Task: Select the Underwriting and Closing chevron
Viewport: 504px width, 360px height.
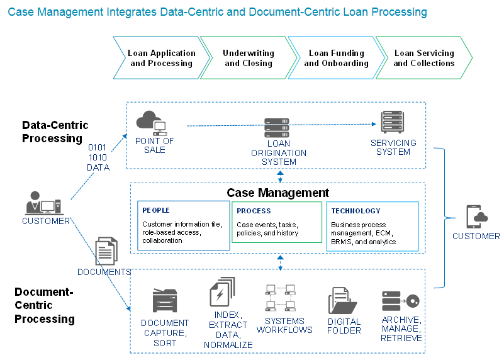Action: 248,58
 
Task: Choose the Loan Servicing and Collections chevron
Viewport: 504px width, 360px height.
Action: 423,58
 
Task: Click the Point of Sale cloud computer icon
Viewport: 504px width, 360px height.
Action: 152,122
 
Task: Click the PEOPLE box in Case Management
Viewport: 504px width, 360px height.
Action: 183,225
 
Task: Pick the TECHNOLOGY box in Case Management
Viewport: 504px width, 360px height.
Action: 372,226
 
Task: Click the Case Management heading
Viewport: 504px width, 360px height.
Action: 277,193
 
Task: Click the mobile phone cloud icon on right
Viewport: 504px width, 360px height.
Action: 476,217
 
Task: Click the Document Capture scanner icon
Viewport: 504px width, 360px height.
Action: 165,301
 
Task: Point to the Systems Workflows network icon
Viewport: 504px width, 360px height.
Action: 281,297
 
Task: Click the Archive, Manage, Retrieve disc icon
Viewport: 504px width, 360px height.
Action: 400,301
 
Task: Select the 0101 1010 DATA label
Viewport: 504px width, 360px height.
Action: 98,157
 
